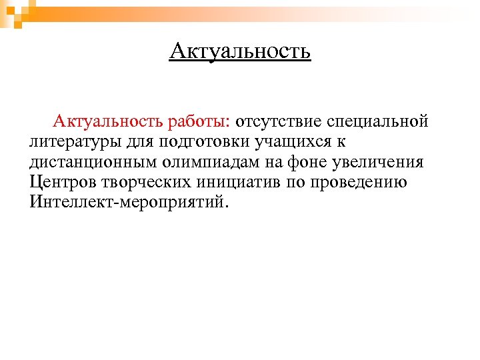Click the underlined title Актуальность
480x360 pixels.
pos(240,51)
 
